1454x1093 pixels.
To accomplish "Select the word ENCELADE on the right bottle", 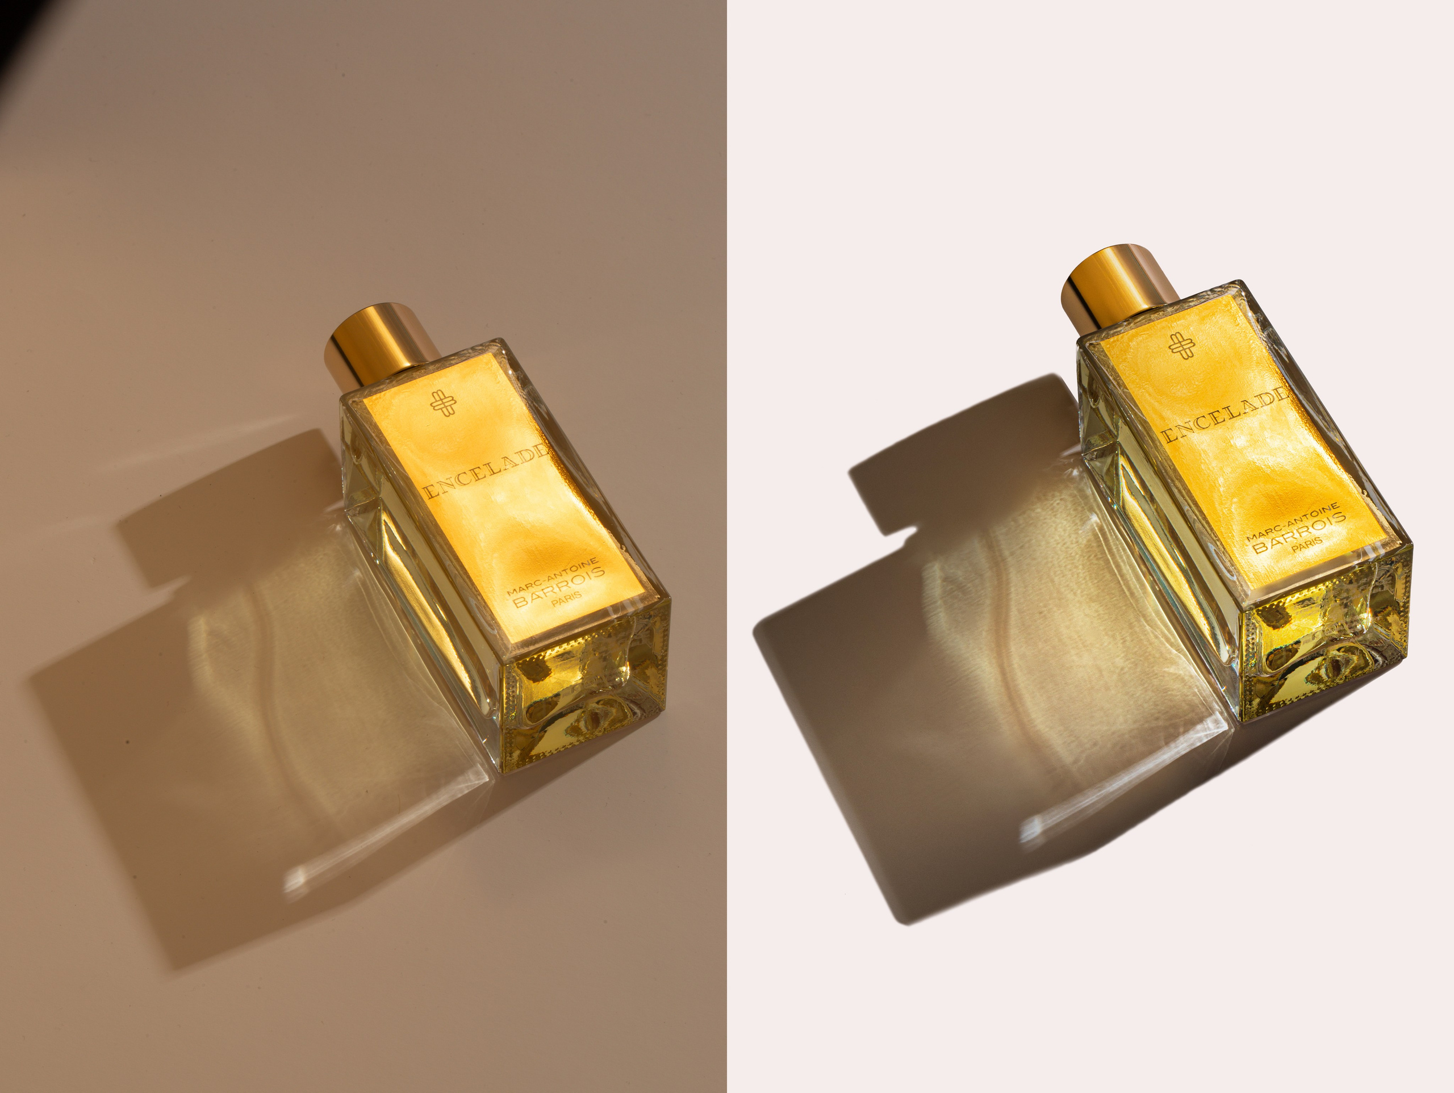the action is pos(1224,416).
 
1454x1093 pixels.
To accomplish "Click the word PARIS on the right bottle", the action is pos(1307,546).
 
